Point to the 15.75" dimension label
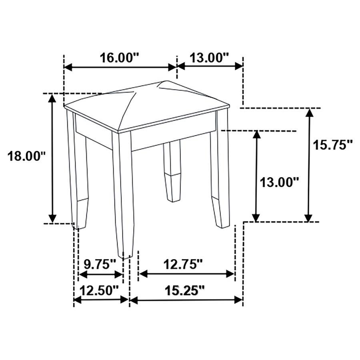pyautogui.click(x=332, y=145)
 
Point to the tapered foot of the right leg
pyautogui.click(x=221, y=212)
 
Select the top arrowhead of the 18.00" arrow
pyautogui.click(x=52, y=98)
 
